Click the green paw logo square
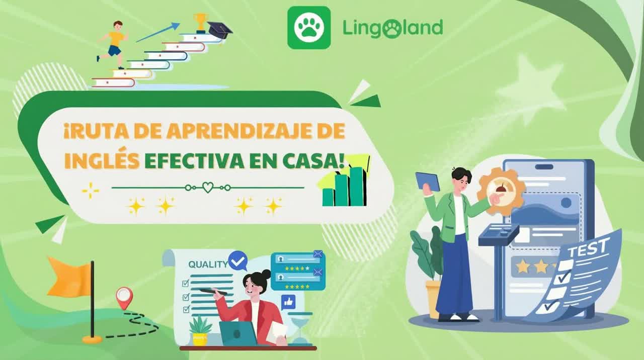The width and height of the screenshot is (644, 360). pos(309,28)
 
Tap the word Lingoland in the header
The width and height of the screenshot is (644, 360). pos(392,28)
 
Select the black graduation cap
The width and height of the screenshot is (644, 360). pos(219,30)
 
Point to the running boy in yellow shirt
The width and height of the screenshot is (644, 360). pos(114,44)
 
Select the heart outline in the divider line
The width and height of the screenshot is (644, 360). pos(208,188)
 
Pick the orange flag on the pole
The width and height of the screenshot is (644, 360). pos(68,277)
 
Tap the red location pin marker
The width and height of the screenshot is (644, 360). pos(123,297)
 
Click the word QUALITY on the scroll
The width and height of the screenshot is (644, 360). pos(208,264)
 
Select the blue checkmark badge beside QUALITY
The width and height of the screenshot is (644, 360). pos(237,260)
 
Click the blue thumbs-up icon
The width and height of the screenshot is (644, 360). pos(288,302)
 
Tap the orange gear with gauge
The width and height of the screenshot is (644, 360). pos(501,191)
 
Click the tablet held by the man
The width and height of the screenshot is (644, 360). pos(428,181)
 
